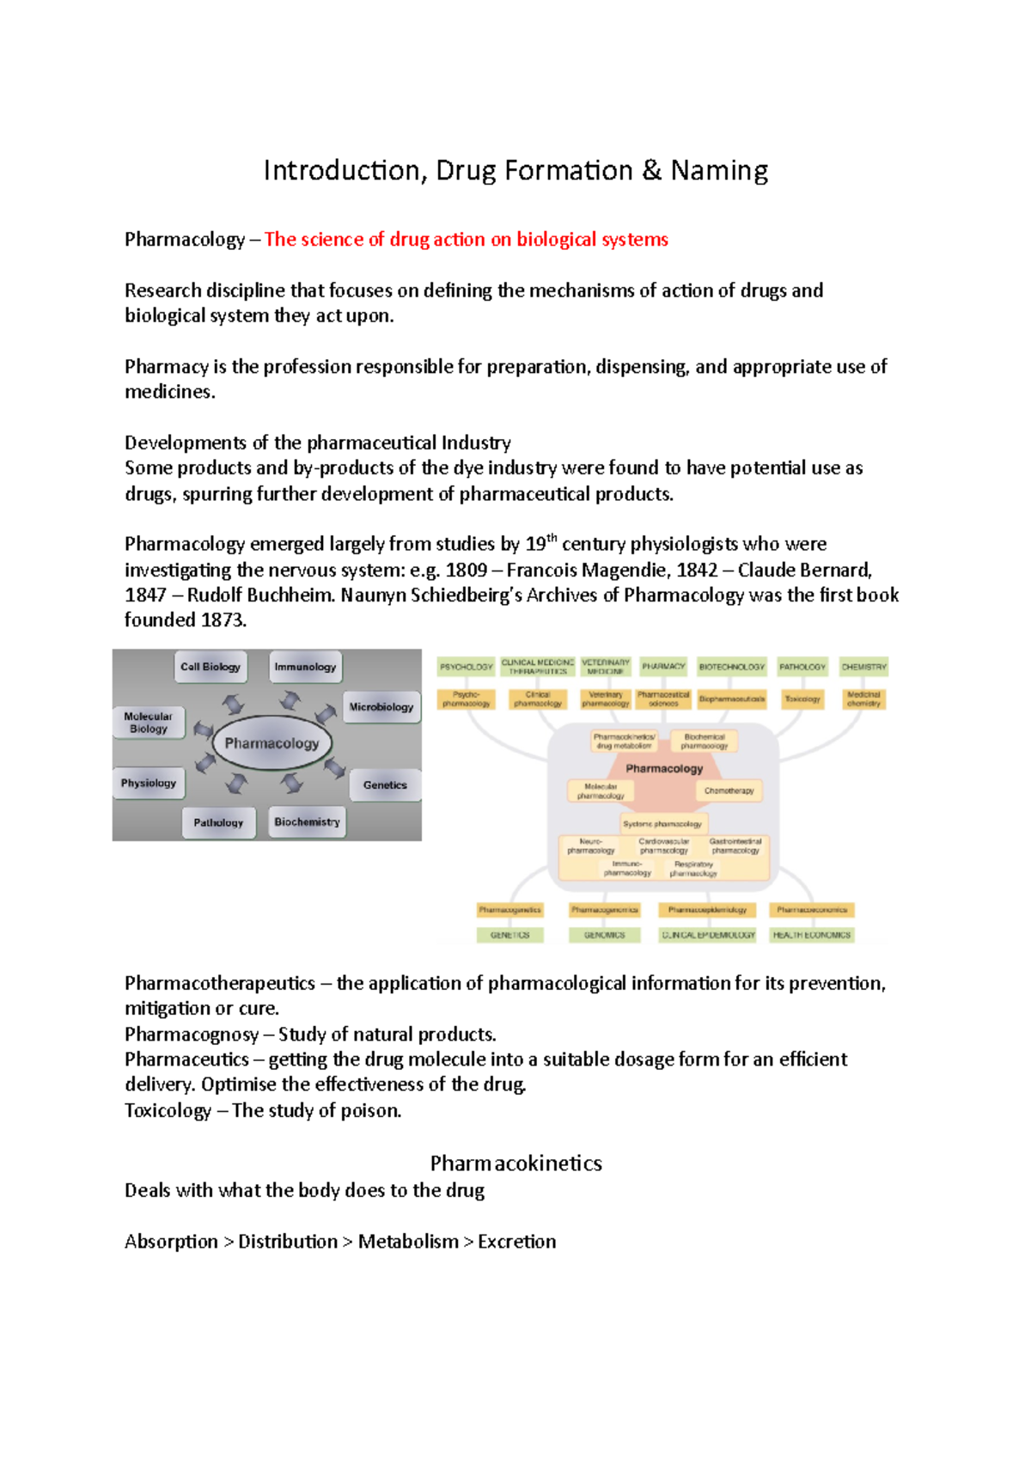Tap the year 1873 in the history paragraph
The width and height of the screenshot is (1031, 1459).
click(x=223, y=620)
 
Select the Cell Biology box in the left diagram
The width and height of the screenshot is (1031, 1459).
click(x=210, y=667)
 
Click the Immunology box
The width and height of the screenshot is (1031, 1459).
click(x=305, y=667)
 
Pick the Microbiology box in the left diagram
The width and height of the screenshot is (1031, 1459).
click(x=381, y=707)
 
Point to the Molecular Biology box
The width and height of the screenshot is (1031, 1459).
click(x=148, y=723)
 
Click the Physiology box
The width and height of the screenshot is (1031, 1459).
click(x=148, y=783)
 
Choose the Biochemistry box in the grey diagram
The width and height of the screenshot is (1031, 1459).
click(x=307, y=822)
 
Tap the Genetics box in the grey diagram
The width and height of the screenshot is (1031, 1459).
click(x=385, y=785)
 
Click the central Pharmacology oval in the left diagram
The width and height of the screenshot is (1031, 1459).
click(x=271, y=743)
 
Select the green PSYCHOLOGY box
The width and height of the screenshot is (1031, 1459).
click(x=467, y=667)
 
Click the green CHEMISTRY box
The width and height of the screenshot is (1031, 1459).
click(x=863, y=667)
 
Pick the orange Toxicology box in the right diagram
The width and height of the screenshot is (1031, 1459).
click(x=802, y=699)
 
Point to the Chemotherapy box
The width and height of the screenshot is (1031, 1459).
click(x=729, y=791)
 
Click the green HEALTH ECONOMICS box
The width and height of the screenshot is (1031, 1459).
click(x=811, y=935)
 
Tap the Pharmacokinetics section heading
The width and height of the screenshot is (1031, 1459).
click(x=515, y=1163)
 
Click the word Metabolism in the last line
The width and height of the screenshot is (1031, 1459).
click(x=408, y=1242)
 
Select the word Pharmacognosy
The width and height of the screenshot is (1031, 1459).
click(x=192, y=1035)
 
